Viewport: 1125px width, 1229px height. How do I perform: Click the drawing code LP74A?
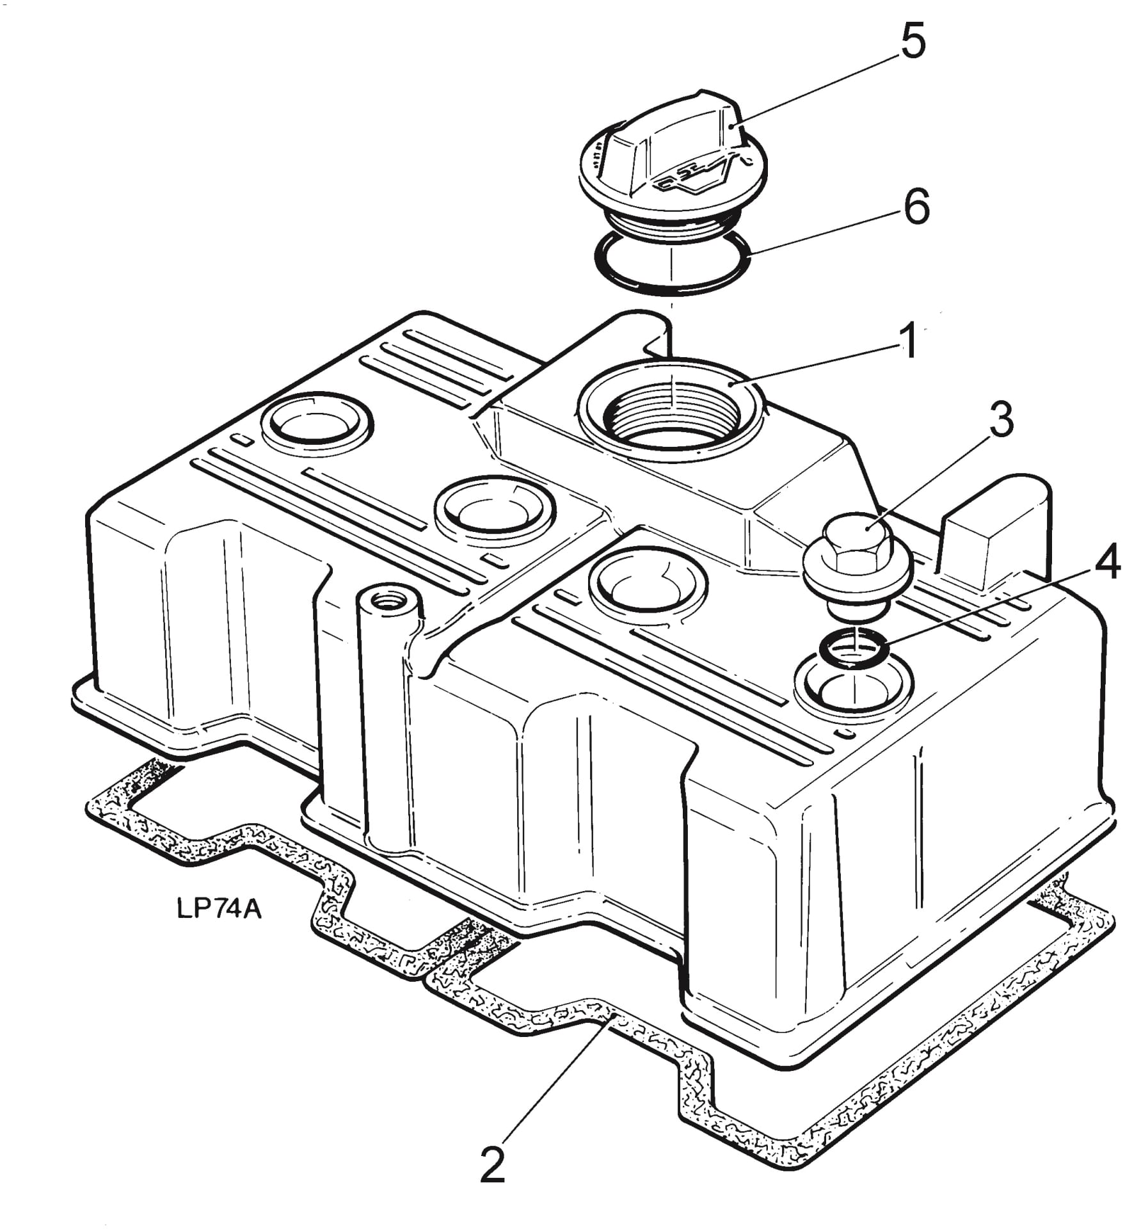click(218, 909)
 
